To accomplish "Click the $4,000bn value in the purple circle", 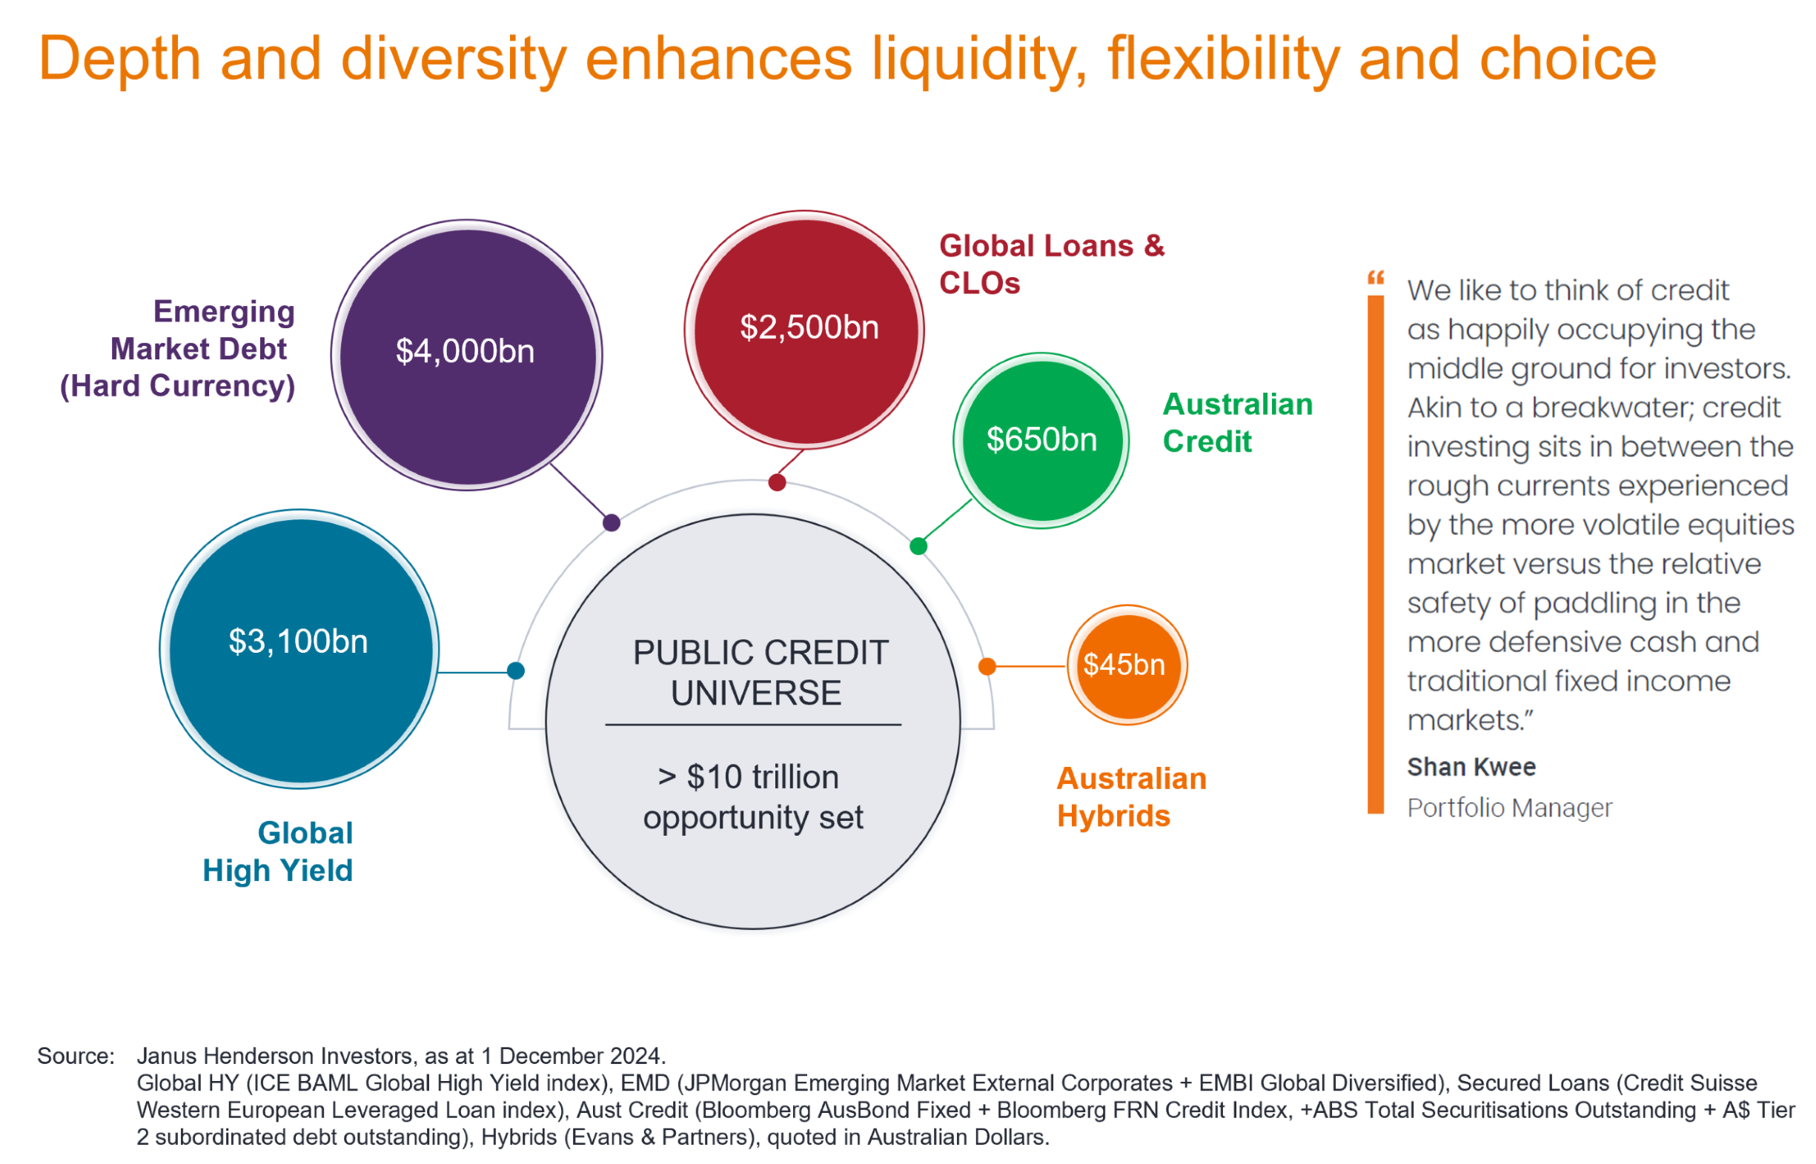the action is click(x=465, y=351).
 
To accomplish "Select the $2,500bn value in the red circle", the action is click(x=809, y=327).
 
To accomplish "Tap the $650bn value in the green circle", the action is click(x=1041, y=439).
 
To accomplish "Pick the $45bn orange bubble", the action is click(x=1127, y=665).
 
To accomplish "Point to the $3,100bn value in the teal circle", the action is click(x=299, y=641).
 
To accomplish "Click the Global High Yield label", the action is click(x=277, y=852).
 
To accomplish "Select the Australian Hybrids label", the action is click(x=1131, y=797).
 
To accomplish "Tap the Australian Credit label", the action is click(x=1238, y=422).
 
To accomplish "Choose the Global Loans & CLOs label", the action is click(x=1052, y=264).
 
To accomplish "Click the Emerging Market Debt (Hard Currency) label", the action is click(x=178, y=348).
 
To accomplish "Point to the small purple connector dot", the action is click(x=612, y=522).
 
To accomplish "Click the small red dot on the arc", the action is click(x=777, y=482).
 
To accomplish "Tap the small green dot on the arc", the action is click(x=918, y=546).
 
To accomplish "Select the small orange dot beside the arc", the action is click(x=987, y=666).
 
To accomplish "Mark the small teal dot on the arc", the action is click(x=516, y=671).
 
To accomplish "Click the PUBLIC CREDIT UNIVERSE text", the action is click(x=759, y=672).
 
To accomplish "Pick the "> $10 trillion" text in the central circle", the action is click(x=749, y=777).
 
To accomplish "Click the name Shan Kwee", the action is click(x=1471, y=767).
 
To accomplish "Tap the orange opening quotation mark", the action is click(x=1375, y=277).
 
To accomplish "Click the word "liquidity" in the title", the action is click(x=979, y=61).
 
